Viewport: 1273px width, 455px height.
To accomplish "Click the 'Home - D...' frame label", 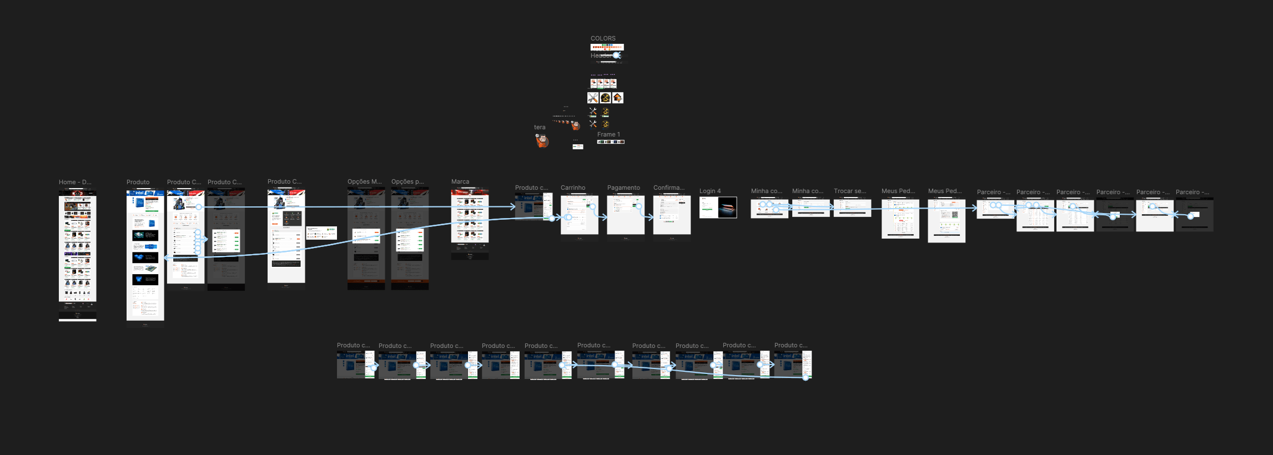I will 75,182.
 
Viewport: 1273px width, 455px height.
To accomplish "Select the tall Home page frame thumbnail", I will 78,255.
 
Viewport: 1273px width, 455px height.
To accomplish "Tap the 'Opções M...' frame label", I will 364,181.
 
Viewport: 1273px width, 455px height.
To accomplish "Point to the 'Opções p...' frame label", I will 407,181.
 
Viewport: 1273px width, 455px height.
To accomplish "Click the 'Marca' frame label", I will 460,181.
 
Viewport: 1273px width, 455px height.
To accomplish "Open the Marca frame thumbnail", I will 470,222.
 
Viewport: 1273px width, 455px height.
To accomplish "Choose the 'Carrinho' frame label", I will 572,188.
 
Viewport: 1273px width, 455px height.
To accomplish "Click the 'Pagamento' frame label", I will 623,188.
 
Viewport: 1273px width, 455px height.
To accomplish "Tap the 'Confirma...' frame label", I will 668,188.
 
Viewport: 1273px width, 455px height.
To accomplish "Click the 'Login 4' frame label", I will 710,191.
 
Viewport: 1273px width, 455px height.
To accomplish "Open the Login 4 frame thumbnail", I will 718,208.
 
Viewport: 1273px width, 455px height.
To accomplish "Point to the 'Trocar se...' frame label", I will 849,191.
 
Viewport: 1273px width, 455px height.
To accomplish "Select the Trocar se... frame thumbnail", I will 852,208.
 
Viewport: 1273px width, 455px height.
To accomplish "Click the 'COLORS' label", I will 603,38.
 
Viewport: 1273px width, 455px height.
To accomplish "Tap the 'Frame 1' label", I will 608,134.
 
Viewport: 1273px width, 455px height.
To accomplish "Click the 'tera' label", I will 539,127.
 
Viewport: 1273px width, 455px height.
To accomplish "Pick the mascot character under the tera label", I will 542,141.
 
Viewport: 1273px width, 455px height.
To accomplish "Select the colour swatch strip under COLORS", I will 607,47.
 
